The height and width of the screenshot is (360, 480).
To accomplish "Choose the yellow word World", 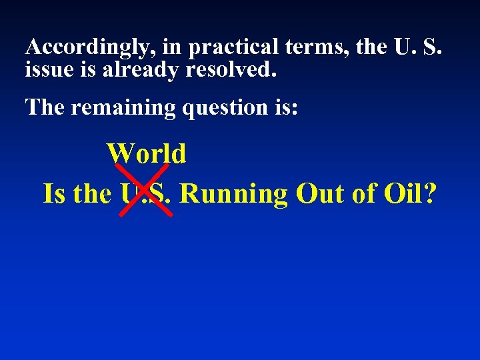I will point(147,154).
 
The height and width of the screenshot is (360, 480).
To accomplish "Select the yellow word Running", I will point(233,194).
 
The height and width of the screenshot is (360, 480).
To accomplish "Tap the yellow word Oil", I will point(405,194).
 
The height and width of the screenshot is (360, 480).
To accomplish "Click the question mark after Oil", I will point(431,194).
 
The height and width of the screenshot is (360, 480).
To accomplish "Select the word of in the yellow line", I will point(366,194).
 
